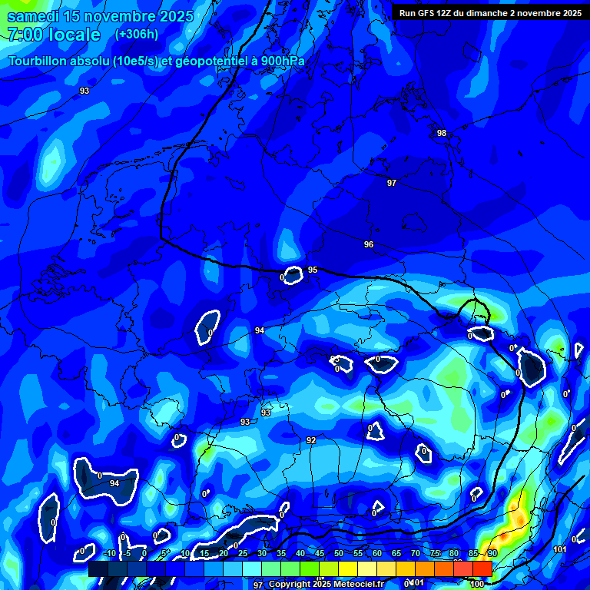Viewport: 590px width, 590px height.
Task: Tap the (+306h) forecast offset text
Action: coord(137,34)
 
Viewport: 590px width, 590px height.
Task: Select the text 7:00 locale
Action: coord(54,35)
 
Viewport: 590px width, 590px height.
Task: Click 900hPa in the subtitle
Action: coord(280,61)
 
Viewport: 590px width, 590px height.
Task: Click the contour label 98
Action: coord(442,133)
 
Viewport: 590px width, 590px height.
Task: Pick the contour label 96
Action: coord(369,244)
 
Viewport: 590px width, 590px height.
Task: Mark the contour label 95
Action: coord(313,270)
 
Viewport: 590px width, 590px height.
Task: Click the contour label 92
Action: coord(311,440)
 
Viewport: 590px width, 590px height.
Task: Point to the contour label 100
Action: coord(477,585)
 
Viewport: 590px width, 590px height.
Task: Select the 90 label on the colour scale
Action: coord(492,554)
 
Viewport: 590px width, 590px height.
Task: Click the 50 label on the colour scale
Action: coord(338,554)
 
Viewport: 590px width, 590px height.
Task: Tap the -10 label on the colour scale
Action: coord(109,554)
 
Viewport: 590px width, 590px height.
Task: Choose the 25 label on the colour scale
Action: coord(242,554)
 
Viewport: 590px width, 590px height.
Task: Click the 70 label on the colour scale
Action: coord(415,554)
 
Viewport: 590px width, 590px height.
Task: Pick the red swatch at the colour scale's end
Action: coord(482,568)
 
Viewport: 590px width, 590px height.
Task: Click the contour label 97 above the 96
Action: coord(392,183)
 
